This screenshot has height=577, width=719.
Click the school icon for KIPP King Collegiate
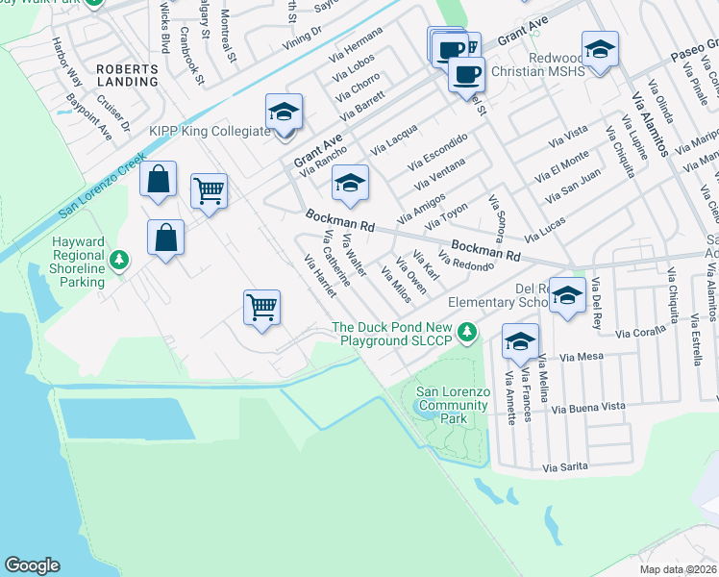coord(285,113)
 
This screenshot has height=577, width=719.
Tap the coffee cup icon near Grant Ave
coord(466,74)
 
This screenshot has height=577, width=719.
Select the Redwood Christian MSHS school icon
coord(600,49)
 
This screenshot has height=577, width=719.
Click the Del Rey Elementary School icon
coord(568,295)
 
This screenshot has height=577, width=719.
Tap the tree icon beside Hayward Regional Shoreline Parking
coord(119,260)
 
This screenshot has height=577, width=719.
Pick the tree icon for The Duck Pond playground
coord(467,333)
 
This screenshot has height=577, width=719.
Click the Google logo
coord(32,565)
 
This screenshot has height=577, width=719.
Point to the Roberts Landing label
coord(126,76)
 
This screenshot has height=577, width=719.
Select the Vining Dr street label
coord(302,36)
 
